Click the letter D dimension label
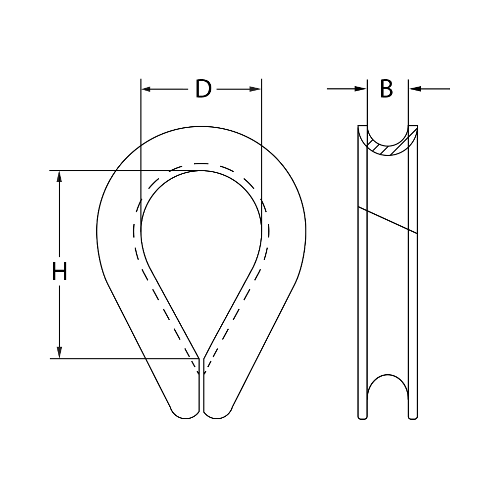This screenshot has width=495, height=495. point(203,89)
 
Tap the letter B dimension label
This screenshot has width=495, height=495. point(387,89)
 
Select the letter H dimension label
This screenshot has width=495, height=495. point(59,272)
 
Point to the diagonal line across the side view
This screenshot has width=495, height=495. point(387,220)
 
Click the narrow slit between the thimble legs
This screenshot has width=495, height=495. point(201,391)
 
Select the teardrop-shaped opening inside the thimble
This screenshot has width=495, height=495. point(201,238)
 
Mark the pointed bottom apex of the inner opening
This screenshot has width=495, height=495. point(201,357)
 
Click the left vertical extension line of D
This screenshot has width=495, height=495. point(141,129)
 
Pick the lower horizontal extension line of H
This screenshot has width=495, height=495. point(124,358)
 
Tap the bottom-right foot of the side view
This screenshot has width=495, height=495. point(412,416)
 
